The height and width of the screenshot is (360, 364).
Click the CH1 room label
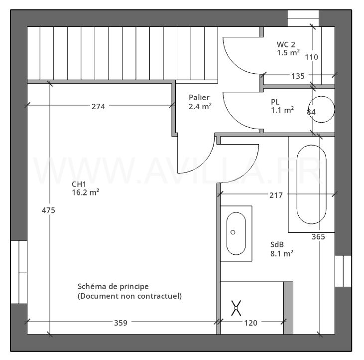click(x=79, y=183)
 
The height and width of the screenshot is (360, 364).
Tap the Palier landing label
click(x=199, y=97)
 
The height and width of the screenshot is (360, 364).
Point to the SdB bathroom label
click(x=277, y=244)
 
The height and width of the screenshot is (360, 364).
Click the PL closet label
click(x=275, y=102)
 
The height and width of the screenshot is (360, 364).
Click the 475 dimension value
click(x=48, y=210)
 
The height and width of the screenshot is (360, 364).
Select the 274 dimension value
click(x=98, y=106)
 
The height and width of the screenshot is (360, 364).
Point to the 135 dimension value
click(x=297, y=76)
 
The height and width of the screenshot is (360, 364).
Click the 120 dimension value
click(x=250, y=323)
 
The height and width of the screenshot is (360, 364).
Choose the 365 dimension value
click(x=318, y=237)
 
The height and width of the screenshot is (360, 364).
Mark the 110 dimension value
click(x=311, y=57)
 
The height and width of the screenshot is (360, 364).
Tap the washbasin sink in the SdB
click(x=236, y=233)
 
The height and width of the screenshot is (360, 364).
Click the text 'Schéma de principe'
click(x=113, y=286)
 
